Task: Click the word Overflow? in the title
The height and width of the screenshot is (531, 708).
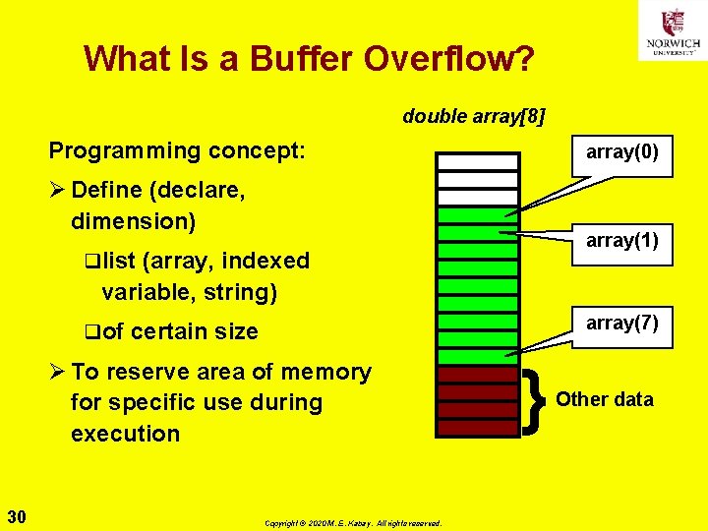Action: (x=449, y=59)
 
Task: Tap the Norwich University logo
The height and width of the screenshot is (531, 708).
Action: (x=672, y=30)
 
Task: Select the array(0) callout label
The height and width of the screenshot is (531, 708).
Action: (x=622, y=152)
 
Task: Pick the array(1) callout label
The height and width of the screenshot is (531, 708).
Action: (x=622, y=240)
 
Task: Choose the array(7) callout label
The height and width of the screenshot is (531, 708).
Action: (x=622, y=323)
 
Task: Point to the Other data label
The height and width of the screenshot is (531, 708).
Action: (x=605, y=399)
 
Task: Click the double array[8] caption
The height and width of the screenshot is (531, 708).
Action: (x=474, y=117)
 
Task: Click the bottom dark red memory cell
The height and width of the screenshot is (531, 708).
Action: (x=478, y=428)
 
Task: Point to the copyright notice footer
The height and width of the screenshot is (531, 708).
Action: (x=354, y=523)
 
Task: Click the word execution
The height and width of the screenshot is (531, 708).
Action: (x=125, y=434)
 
